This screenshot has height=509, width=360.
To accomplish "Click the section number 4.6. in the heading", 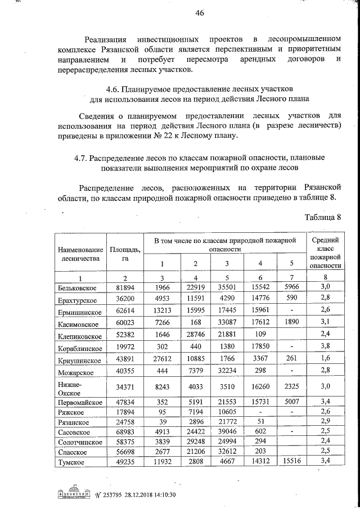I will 115,89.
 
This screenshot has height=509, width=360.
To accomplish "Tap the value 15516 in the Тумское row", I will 292,462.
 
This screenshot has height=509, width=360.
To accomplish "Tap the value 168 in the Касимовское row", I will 195,323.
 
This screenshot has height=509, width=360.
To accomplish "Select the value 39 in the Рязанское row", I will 162,421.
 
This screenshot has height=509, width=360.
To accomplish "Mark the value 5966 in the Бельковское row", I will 292,287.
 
